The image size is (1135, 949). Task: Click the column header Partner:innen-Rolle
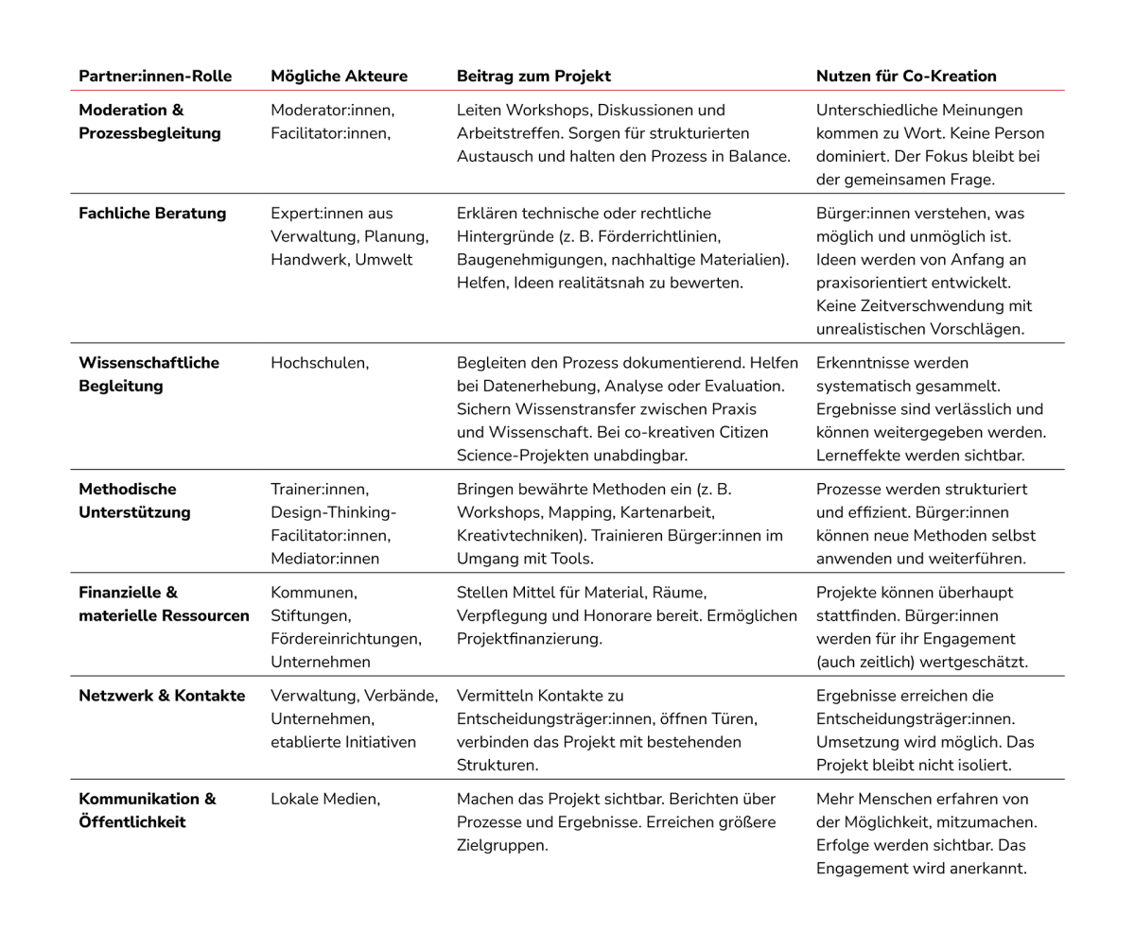coord(155,76)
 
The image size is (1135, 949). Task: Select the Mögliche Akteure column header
coord(339,76)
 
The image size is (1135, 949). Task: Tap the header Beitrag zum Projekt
coord(533,76)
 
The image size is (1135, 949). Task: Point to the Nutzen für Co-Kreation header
coord(906,76)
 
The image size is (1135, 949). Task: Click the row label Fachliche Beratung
coord(152,213)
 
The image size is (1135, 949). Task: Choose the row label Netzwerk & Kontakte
coord(162,696)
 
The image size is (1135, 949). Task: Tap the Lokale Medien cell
coord(325,799)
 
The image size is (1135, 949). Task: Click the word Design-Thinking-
coord(334,512)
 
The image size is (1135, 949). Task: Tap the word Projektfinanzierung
coord(530,638)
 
